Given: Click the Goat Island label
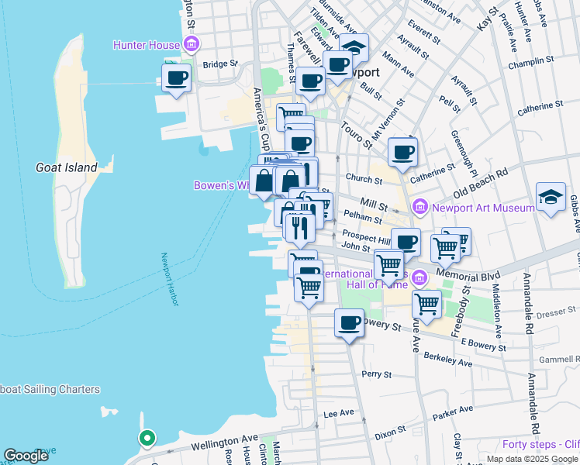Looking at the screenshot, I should pos(67,167).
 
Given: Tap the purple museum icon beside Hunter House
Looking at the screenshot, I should pos(190,45).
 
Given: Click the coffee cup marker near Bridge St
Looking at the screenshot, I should pos(176,78).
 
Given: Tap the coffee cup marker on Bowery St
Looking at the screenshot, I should pos(349,322).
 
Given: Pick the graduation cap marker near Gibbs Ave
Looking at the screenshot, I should pos(551,197).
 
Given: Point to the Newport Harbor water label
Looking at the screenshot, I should pos(171,279).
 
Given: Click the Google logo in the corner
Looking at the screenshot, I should pos(26,456).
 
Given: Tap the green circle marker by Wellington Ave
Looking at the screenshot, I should pos(146,439).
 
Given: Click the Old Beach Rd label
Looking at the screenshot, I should pos(480,181).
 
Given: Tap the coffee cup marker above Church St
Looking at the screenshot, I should pos(402,152).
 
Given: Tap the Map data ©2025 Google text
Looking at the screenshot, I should pos(533,459).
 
